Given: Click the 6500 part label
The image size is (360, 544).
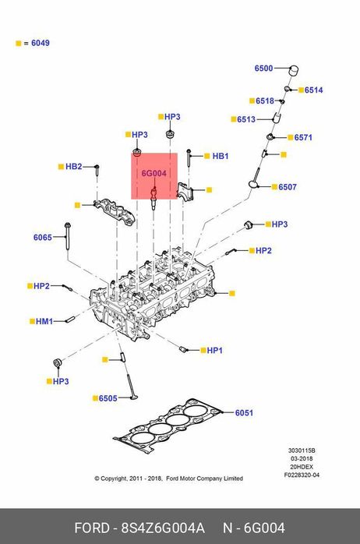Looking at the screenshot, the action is click(263, 69).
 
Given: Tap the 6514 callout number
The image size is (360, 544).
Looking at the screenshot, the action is click(313, 90).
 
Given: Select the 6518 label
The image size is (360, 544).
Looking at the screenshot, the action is click(265, 101).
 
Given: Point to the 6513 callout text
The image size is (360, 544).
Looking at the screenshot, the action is click(246, 119).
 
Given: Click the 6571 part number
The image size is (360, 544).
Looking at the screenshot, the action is click(303, 137).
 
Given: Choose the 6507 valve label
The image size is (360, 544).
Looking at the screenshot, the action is click(288, 187).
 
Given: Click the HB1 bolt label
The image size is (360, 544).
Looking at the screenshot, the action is click(221, 156).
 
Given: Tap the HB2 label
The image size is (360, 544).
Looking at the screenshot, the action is click(74, 167).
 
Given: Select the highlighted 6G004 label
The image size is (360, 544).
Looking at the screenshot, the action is click(154, 173).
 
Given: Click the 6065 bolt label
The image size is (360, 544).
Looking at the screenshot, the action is click(43, 237).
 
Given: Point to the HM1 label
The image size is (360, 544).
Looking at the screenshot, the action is click(44, 321).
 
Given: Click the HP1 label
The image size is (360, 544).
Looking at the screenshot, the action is click(215, 351).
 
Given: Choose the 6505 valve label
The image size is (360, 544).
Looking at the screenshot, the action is click(108, 398).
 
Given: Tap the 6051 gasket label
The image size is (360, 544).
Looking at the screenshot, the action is click(244, 413).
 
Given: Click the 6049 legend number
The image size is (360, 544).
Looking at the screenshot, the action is click(41, 43).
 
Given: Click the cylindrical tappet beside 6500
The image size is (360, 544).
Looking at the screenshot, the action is click(294, 69).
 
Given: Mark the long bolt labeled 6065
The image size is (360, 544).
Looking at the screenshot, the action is click(67, 236).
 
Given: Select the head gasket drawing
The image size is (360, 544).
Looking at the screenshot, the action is click(168, 426).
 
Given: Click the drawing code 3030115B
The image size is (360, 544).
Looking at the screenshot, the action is click(302, 450).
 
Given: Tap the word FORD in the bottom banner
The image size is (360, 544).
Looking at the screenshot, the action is click(92, 528).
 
